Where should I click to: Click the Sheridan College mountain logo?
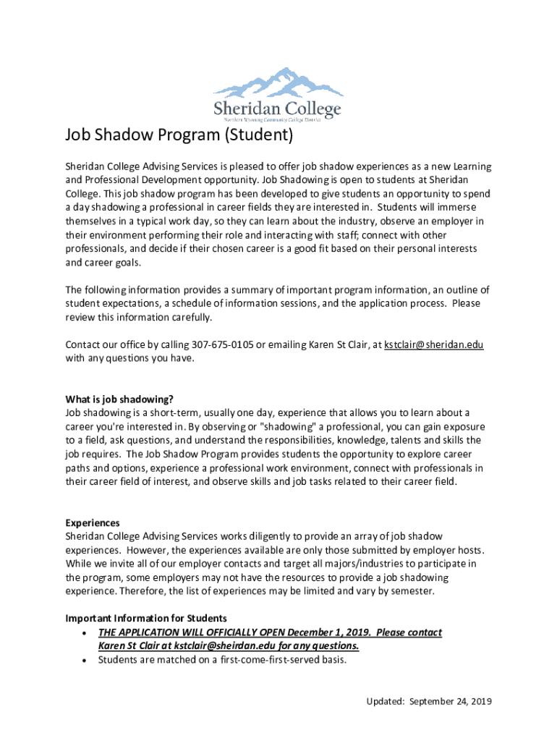[278, 94]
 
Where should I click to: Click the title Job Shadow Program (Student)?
[179, 135]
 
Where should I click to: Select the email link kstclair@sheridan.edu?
[434, 344]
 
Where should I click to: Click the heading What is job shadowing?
[119, 399]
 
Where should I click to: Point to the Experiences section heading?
[93, 522]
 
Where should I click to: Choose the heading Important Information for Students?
[146, 618]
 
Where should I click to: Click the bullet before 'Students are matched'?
[87, 660]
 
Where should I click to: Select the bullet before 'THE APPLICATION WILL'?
[87, 632]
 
